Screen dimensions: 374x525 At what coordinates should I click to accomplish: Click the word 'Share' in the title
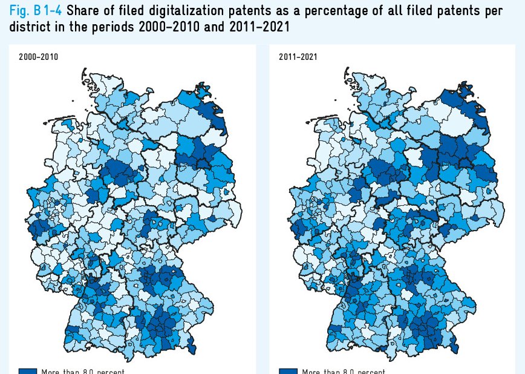[84, 10]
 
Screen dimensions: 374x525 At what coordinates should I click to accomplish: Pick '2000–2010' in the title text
[172, 27]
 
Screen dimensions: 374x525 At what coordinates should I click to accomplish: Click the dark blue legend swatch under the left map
[28, 371]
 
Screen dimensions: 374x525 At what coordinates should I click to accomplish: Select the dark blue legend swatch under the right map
[289, 371]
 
